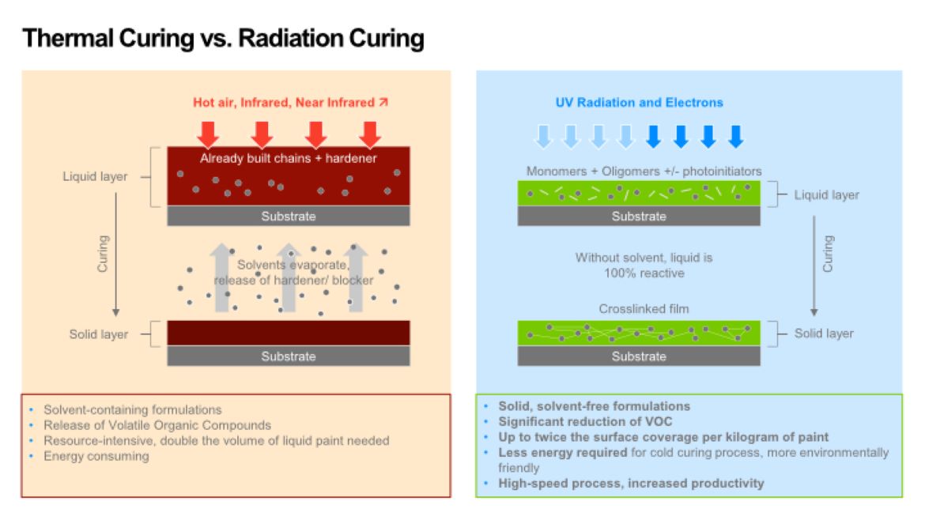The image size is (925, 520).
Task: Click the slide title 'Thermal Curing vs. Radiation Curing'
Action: tap(224, 38)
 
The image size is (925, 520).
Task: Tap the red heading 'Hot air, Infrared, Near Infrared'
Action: tap(285, 103)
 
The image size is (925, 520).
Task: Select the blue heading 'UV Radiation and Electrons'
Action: tap(639, 102)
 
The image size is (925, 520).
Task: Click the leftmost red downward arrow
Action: tap(208, 134)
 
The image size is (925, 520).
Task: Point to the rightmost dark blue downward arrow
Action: tap(735, 136)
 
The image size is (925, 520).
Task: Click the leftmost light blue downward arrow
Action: tap(542, 136)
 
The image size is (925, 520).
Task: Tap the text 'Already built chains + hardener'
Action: tap(289, 159)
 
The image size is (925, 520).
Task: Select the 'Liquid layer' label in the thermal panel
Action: tap(95, 176)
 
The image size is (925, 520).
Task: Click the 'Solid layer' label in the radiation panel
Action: tap(824, 333)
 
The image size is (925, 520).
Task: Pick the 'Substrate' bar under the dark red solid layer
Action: tap(289, 356)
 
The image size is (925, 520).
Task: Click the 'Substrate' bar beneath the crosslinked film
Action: tap(639, 356)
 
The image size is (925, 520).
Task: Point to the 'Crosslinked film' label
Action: tap(639, 309)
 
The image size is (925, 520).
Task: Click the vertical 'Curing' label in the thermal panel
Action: tap(102, 253)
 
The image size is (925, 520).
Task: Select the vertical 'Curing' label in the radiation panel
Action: tap(829, 253)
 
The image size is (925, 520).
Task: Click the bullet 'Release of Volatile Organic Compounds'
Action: tap(157, 425)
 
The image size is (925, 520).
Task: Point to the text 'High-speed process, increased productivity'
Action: tap(631, 483)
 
